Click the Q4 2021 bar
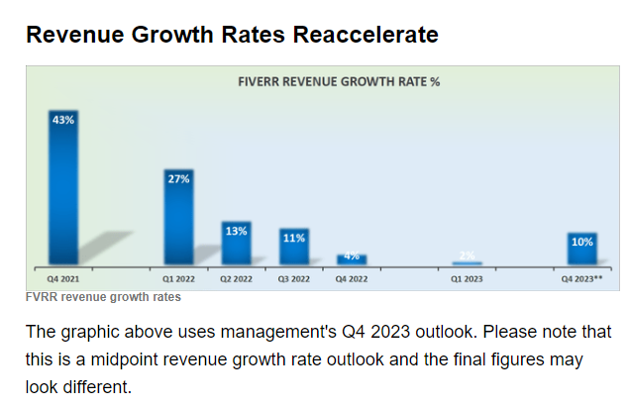pyautogui.click(x=63, y=188)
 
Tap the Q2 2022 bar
pyautogui.click(x=236, y=244)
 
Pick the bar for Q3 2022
pyautogui.click(x=294, y=248)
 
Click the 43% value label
pyautogui.click(x=63, y=119)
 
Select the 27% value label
pyautogui.click(x=179, y=179)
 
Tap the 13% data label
pyautogui.click(x=236, y=231)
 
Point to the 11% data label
pyautogui.click(x=294, y=238)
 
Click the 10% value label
pyautogui.click(x=582, y=242)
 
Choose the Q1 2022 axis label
pyautogui.click(x=178, y=279)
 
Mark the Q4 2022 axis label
pyautogui.click(x=352, y=279)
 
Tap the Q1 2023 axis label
pyautogui.click(x=467, y=279)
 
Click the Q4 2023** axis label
pyautogui.click(x=582, y=279)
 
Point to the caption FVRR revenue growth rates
pyautogui.click(x=103, y=297)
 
